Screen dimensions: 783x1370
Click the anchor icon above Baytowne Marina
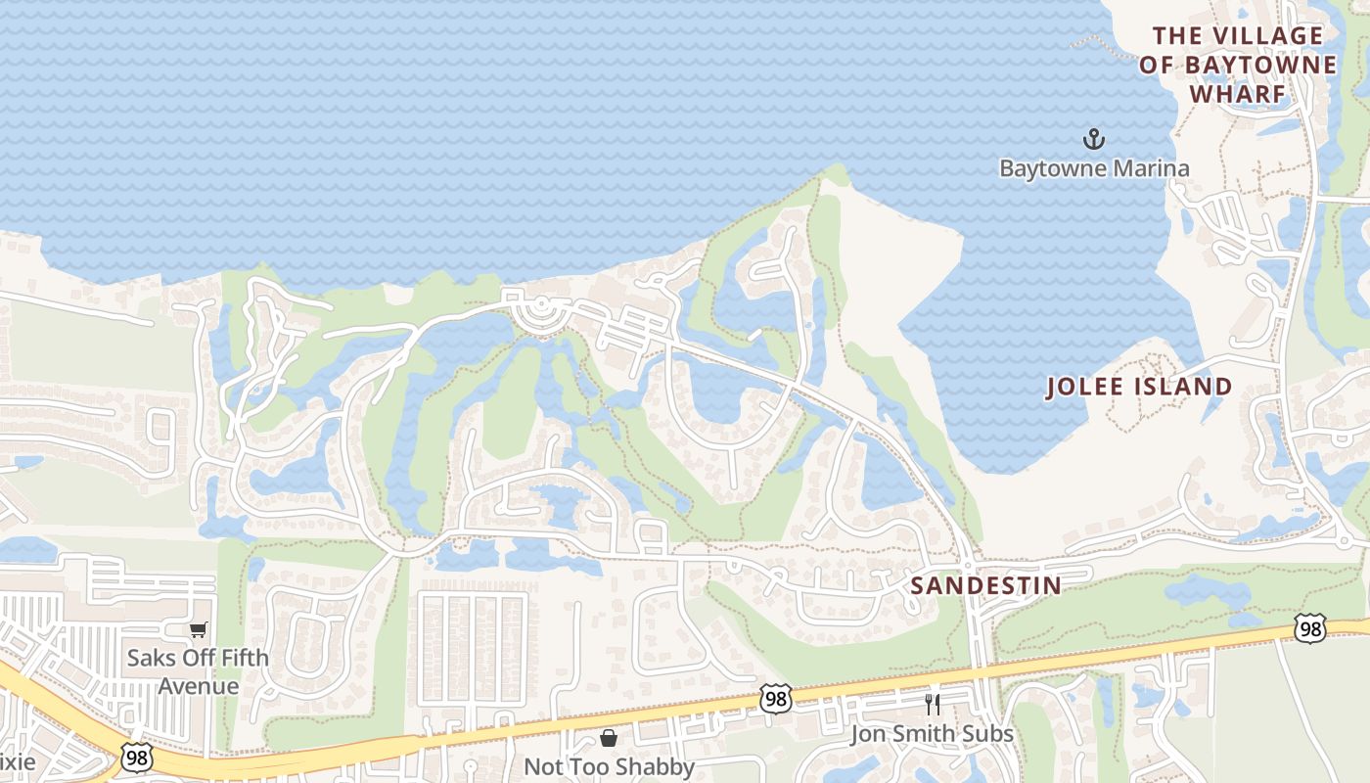pos(1093,139)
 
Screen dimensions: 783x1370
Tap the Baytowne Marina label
pos(1093,168)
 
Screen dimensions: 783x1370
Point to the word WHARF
pos(1237,94)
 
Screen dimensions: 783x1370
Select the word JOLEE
pos(1087,387)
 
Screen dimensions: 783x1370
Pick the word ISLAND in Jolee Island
pos(1183,387)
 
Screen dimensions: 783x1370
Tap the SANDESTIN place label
pos(985,585)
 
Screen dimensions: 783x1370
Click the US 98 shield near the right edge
pos(1309,628)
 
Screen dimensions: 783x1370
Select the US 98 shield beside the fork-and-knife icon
pos(775,699)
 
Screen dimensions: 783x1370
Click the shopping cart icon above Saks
pos(199,629)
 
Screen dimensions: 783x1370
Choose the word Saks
pos(151,658)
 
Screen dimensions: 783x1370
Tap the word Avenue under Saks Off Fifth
pos(199,685)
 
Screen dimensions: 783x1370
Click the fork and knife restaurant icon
pos(932,705)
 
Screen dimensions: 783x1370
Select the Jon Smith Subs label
pos(932,734)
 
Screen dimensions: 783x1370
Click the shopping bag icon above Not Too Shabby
pos(609,737)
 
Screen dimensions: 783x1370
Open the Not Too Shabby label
pos(609,766)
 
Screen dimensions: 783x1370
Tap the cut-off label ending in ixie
pos(18,762)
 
